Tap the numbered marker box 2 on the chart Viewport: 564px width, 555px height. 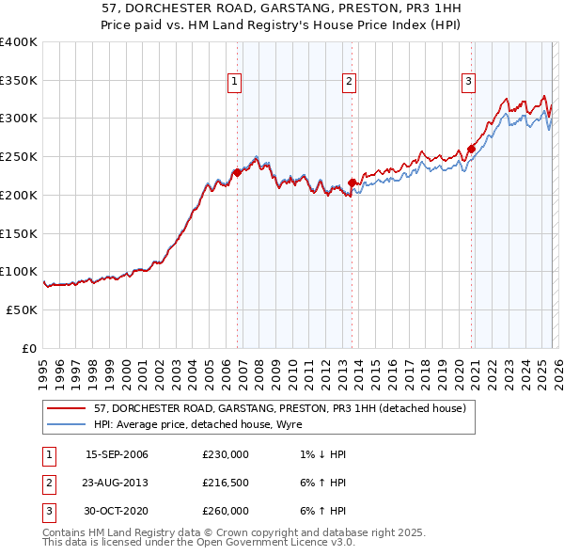pos(349,83)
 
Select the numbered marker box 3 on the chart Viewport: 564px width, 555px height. pos(468,83)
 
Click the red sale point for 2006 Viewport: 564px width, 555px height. pos(238,172)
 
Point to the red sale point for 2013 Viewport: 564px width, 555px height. pos(352,182)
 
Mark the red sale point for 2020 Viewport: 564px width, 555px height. pos(471,149)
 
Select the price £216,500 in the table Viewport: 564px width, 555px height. pos(226,483)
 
